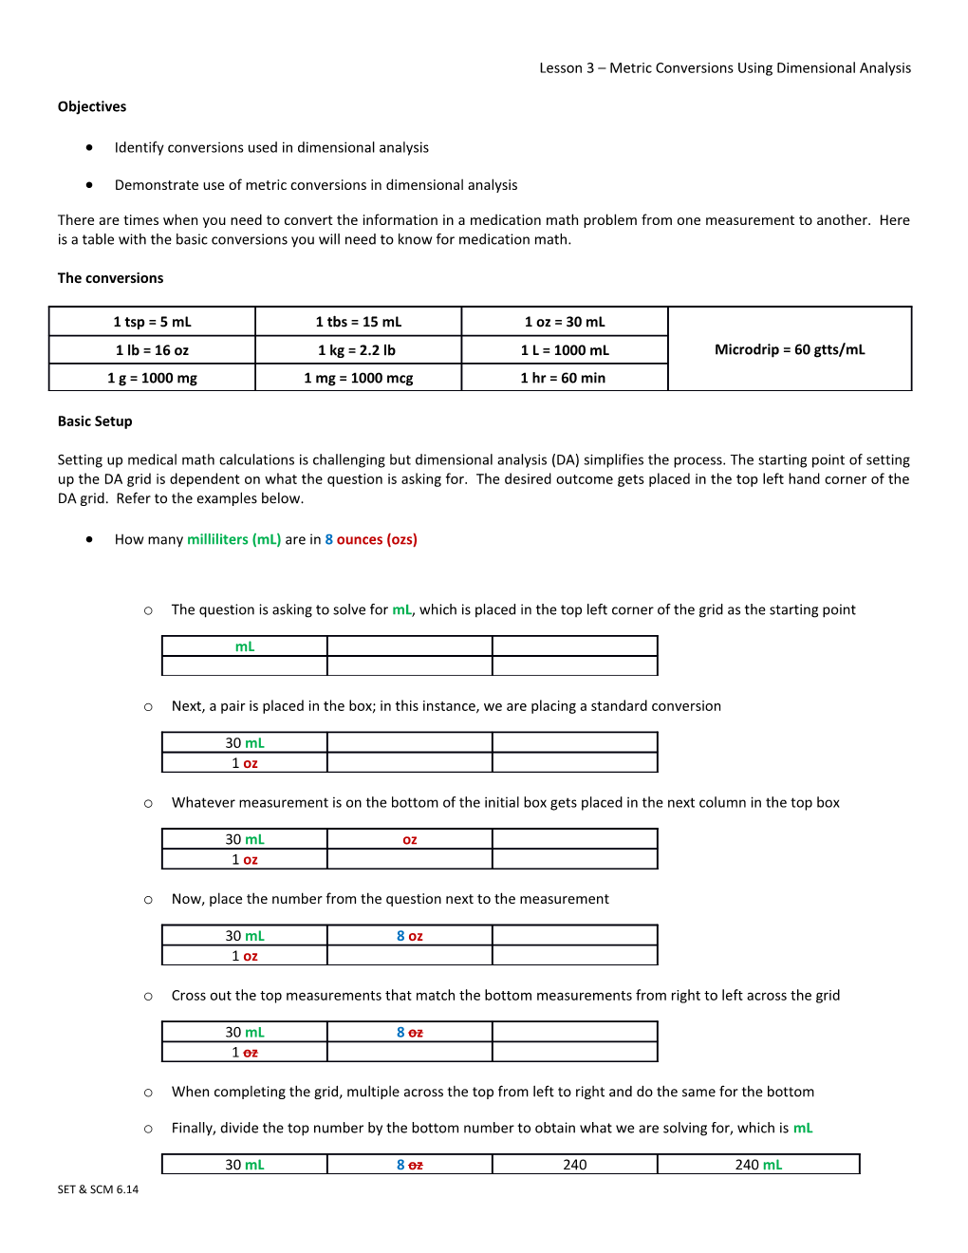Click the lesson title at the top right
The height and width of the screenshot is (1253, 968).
click(x=725, y=68)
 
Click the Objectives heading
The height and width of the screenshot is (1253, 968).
click(x=92, y=106)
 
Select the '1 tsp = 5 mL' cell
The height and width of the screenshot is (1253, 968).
click(x=152, y=322)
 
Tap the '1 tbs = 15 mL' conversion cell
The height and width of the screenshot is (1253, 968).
click(x=358, y=322)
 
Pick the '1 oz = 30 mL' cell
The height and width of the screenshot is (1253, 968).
click(x=565, y=322)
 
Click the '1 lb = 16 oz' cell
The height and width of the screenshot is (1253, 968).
click(x=152, y=350)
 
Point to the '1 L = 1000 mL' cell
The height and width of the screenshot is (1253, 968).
click(x=565, y=350)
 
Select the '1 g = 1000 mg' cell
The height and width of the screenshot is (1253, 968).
click(x=152, y=378)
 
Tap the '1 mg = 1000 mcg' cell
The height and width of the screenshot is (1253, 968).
click(x=358, y=378)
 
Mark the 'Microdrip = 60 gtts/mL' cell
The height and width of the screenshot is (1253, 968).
click(x=790, y=349)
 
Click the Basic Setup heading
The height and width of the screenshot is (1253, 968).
click(x=95, y=421)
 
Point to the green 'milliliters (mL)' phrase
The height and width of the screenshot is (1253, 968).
click(x=233, y=539)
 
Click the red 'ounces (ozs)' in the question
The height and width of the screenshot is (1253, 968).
click(x=377, y=539)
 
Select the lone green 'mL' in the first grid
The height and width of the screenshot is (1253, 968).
click(x=245, y=646)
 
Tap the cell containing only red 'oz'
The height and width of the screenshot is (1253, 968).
click(x=410, y=840)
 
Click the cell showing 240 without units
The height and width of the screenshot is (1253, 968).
click(x=575, y=1165)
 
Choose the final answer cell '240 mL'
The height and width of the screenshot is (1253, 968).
click(x=758, y=1165)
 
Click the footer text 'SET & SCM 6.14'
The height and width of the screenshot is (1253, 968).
click(x=98, y=1189)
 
